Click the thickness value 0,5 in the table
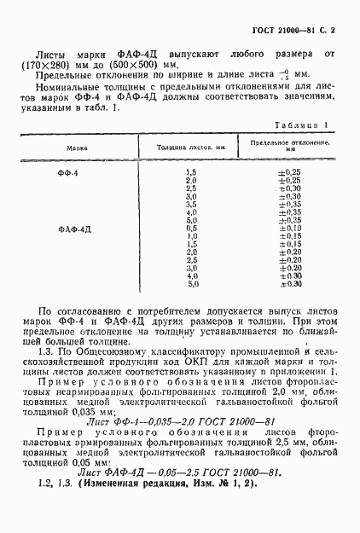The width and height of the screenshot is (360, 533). tap(191, 229)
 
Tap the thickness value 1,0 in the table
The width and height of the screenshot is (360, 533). tap(191, 236)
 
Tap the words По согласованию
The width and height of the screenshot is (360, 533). tap(78, 313)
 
